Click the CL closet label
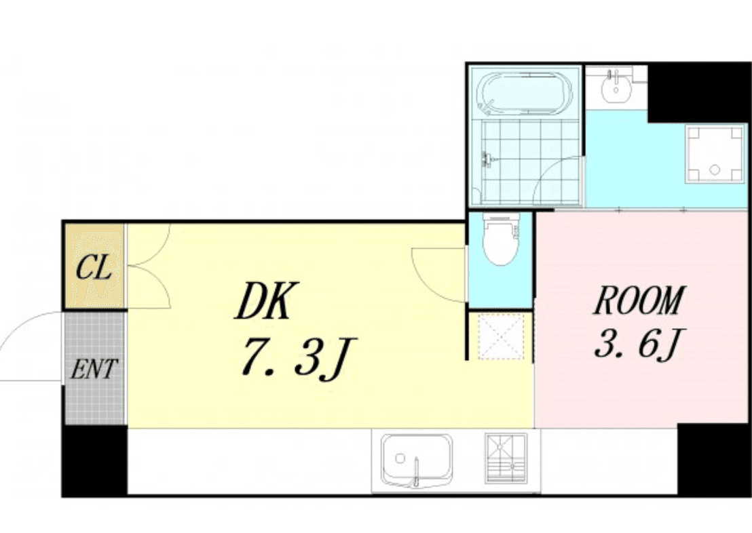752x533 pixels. (x=94, y=267)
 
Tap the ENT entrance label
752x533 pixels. (x=94, y=369)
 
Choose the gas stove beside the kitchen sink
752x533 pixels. (x=506, y=458)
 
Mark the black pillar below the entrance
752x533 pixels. (x=95, y=460)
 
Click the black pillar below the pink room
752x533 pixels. (x=714, y=460)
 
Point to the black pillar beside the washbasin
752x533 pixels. (x=698, y=93)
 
